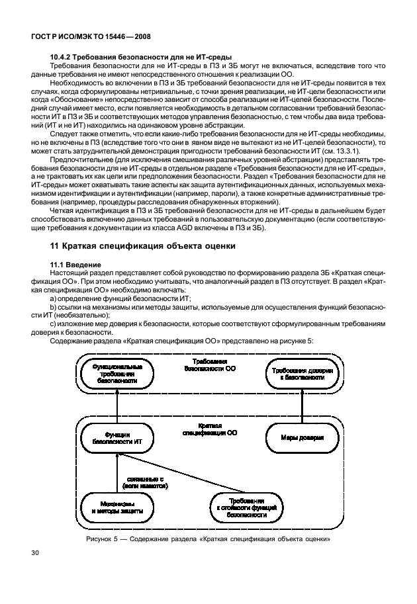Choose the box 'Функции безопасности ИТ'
[117, 437]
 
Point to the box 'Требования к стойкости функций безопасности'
[247, 507]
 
